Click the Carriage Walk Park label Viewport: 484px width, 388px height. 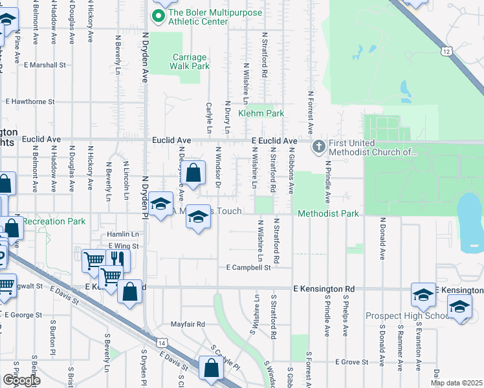pos(190,61)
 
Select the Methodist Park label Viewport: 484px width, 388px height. pos(328,213)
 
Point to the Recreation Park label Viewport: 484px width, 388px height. pos(54,221)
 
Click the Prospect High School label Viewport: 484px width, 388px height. pos(408,316)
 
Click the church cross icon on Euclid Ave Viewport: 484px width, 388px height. pos(318,146)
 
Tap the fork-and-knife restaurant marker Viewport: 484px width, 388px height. pos(117,259)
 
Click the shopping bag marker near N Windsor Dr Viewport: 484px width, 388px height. pos(193,173)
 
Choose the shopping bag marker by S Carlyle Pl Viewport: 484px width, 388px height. pos(211,369)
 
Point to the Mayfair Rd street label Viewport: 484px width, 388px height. pos(188,324)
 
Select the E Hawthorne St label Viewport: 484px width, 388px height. pos(30,102)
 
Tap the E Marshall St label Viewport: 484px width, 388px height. pos(45,65)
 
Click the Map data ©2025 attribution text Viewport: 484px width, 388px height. pos(457,383)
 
